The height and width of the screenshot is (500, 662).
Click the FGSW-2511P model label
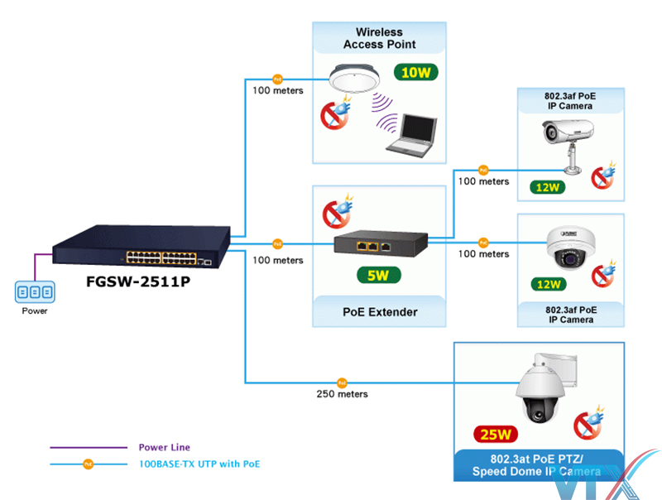tap(139, 282)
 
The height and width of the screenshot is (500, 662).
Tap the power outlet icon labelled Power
tap(35, 291)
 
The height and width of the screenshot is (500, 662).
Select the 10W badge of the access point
tap(415, 72)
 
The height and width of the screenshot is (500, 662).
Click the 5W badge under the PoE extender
tap(378, 276)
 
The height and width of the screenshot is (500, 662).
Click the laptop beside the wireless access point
tap(412, 136)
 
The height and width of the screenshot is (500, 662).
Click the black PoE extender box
tap(381, 243)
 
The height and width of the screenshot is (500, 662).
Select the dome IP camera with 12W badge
tap(570, 246)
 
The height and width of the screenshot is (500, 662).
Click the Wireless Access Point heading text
tap(380, 38)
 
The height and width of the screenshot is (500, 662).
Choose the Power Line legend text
tap(164, 447)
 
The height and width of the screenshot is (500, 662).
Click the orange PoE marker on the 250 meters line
tap(340, 382)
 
